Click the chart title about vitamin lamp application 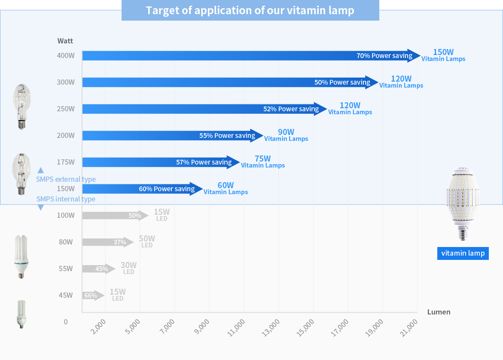pos(250,10)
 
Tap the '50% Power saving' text pos(342,82)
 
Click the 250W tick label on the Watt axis pos(66,109)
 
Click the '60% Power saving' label pos(167,189)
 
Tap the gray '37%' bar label pos(120,242)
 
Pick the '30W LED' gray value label pos(128,268)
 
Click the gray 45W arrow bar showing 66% pos(93,296)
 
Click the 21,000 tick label pos(409,329)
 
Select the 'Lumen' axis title pos(439,312)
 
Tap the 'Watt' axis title pos(65,41)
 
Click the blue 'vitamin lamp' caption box pos(463,253)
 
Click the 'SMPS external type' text pos(66,179)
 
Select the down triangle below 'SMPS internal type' pos(41,207)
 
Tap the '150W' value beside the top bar pos(443,52)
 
